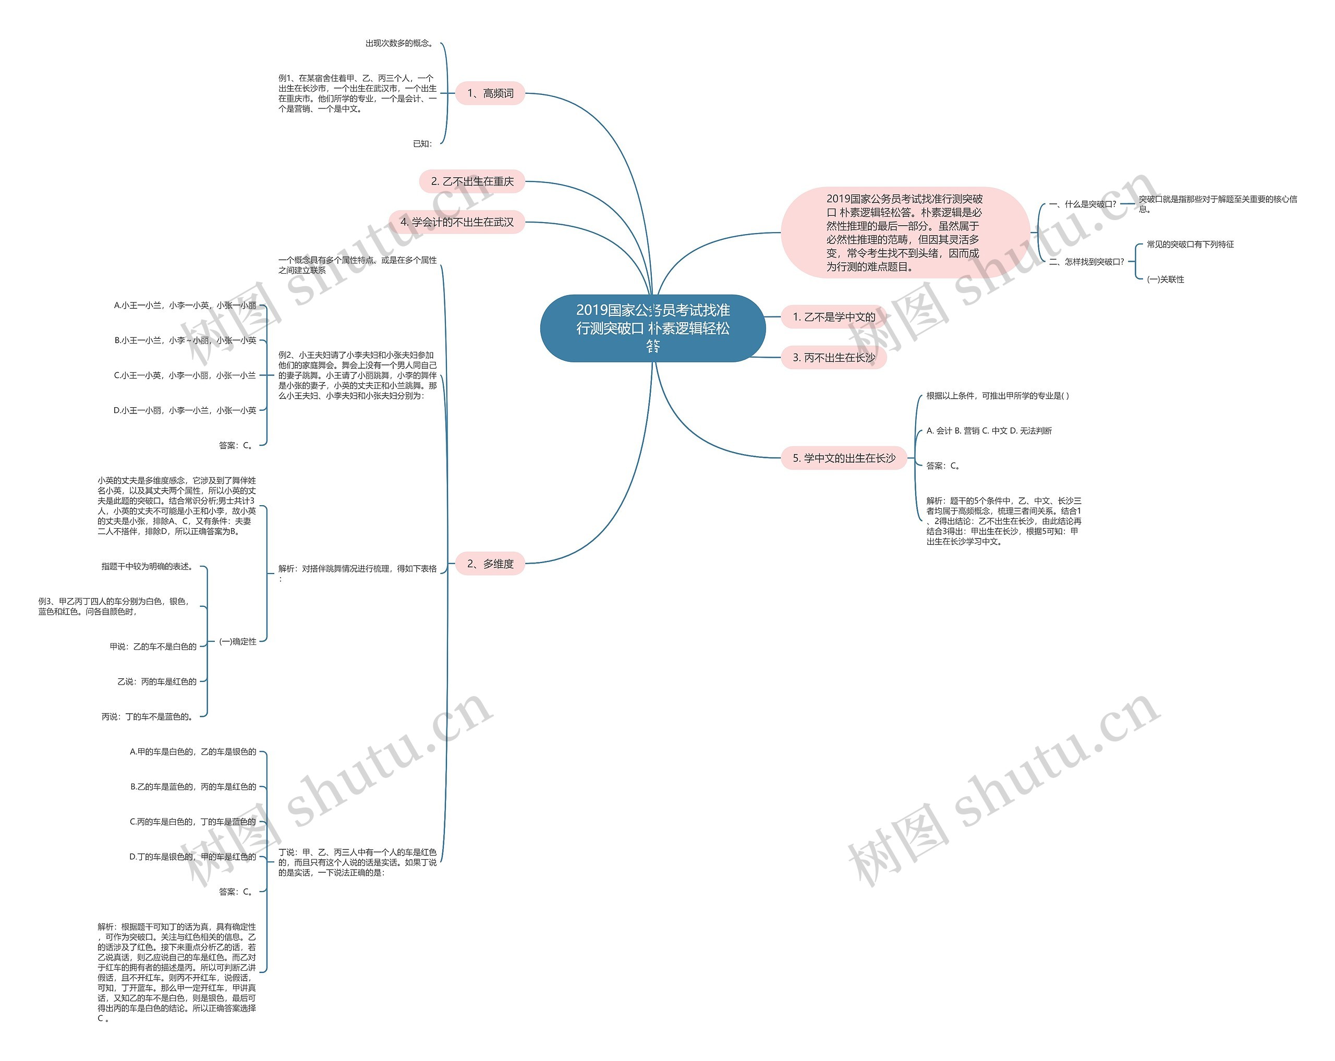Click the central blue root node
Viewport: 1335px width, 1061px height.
point(653,328)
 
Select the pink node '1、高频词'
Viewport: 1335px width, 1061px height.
point(490,93)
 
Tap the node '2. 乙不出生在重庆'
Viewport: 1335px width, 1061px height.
point(472,181)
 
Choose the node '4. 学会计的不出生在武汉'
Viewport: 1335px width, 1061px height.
point(456,222)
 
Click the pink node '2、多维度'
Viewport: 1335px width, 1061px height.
point(490,563)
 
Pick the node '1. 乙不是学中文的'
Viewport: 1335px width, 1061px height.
point(833,317)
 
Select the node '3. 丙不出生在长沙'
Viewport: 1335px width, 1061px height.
point(833,357)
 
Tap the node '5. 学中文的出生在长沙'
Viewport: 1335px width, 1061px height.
point(843,458)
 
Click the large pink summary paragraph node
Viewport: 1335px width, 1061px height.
point(904,232)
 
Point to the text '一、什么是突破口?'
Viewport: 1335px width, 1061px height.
point(1083,204)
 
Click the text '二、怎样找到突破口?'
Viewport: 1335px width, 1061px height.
point(1087,262)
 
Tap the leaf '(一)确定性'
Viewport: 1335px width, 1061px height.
point(238,641)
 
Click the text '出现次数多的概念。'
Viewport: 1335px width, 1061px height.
point(399,43)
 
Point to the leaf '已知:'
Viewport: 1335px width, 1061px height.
point(423,143)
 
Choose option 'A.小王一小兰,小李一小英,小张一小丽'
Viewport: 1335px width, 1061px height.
point(185,305)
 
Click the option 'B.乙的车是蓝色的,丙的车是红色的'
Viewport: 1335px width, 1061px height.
point(192,787)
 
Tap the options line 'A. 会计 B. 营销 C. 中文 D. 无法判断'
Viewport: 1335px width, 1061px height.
point(988,431)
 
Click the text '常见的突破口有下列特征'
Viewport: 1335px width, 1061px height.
point(1190,245)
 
